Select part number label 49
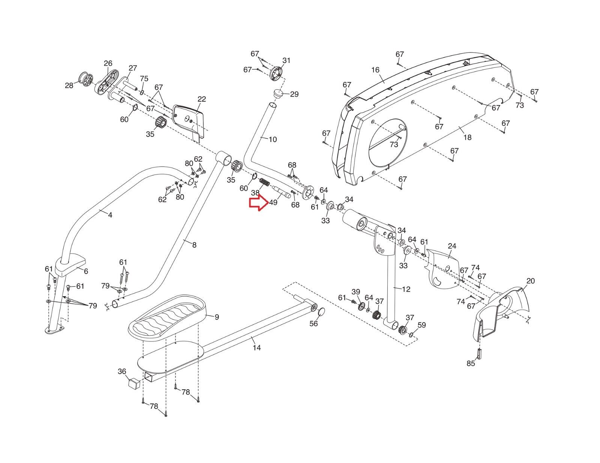click(273, 202)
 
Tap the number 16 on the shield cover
click(375, 70)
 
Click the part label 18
click(467, 137)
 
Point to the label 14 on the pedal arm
click(256, 348)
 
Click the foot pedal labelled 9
click(167, 318)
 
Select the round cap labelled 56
click(321, 312)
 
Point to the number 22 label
click(202, 99)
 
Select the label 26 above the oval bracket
click(108, 63)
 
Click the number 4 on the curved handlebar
click(110, 215)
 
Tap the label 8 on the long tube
click(194, 245)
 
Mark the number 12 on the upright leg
click(406, 289)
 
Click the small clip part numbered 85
click(480, 353)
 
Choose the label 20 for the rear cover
click(530, 281)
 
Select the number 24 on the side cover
click(452, 246)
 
